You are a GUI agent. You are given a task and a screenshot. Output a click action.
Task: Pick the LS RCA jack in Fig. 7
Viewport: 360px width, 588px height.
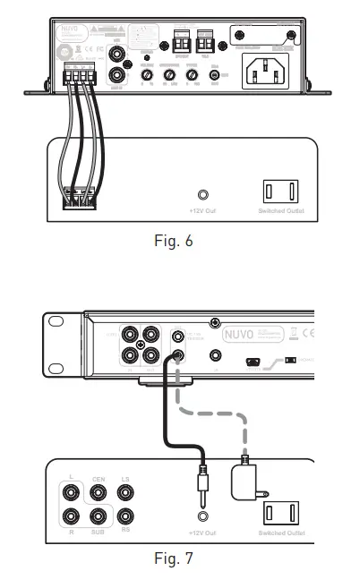127,491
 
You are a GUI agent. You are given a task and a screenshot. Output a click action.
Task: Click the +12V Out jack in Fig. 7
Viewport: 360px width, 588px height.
204,518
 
